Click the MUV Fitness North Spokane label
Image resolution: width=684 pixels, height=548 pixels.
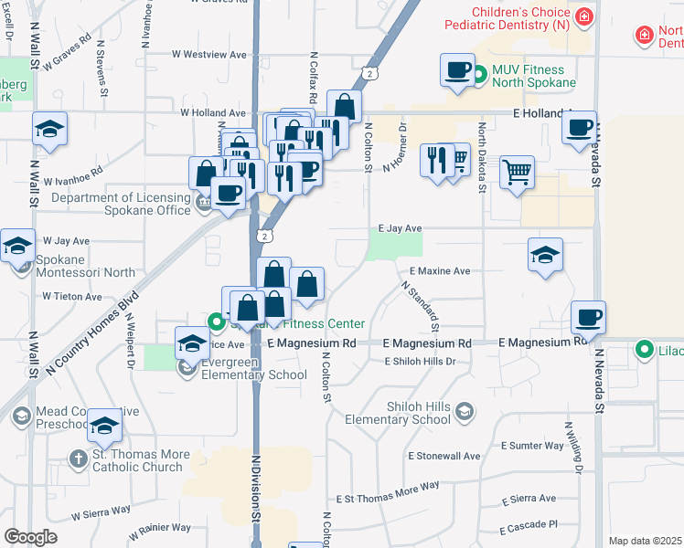click(534, 76)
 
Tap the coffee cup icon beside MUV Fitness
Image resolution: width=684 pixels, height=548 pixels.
click(457, 69)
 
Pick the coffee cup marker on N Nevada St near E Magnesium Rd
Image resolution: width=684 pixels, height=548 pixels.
click(588, 317)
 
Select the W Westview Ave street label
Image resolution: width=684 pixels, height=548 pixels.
click(209, 55)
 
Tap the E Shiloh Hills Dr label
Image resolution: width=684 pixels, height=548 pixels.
click(420, 362)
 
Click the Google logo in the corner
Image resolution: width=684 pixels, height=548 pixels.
click(30, 537)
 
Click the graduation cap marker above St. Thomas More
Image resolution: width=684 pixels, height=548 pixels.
click(104, 424)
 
